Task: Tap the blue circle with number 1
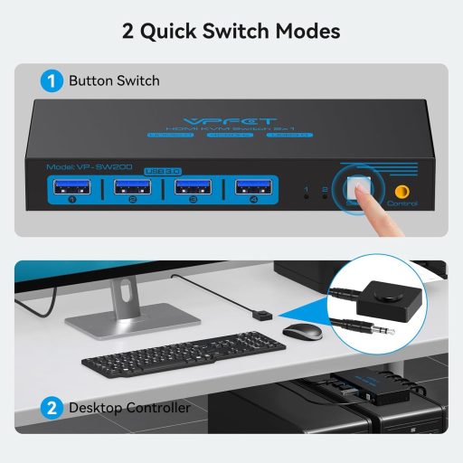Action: (52, 80)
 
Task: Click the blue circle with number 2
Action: (52, 408)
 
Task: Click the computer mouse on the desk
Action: (301, 331)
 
